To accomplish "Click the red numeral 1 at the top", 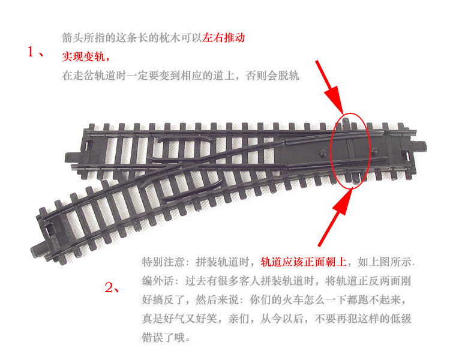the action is tap(31, 52).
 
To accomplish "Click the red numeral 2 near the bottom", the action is tap(109, 287).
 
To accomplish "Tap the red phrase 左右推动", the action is tap(224, 38).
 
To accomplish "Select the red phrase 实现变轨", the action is tap(83, 56).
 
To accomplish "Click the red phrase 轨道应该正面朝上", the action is tap(304, 262).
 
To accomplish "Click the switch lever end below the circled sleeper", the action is tap(356, 180).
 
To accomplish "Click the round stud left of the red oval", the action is tap(323, 153).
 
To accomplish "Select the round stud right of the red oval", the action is tap(374, 151).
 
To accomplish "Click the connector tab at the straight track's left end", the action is tap(71, 157).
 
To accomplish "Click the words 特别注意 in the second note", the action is tap(163, 262).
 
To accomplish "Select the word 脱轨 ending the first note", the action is tap(289, 75).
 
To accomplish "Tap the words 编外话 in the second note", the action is tap(158, 281).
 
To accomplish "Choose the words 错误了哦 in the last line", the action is tap(163, 337).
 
